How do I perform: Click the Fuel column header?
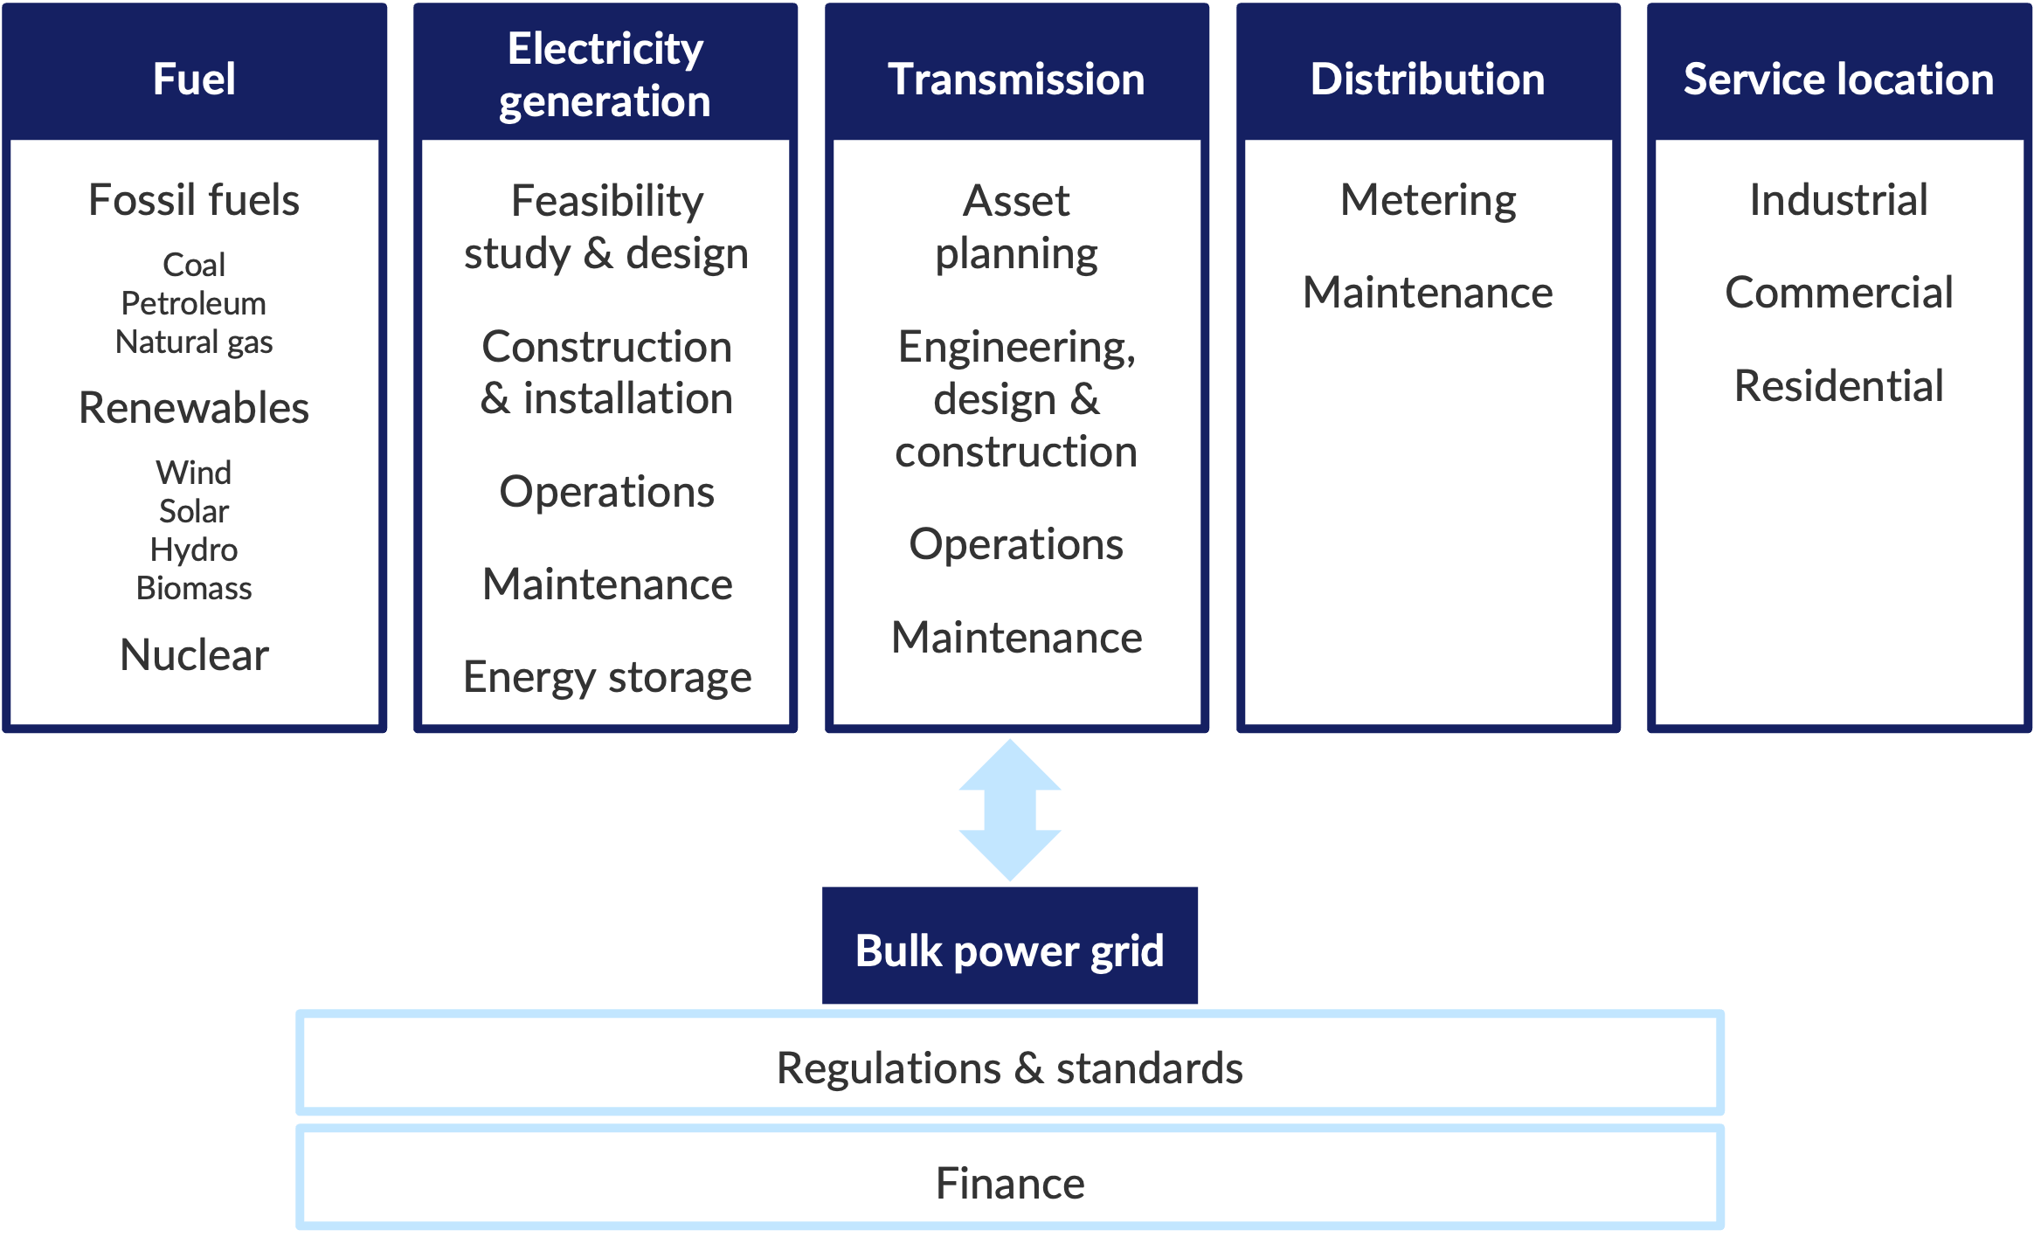coord(194,79)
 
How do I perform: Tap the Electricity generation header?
coord(605,75)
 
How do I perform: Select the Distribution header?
coord(1428,79)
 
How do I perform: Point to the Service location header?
coord(1838,79)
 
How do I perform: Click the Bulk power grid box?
coord(1009,950)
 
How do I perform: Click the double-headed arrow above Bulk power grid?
coord(1010,810)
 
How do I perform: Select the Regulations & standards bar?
coord(1009,1067)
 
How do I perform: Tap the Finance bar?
coord(1009,1183)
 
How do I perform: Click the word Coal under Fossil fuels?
coord(194,265)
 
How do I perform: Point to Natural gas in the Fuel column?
coord(194,342)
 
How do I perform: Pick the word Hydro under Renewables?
coord(194,549)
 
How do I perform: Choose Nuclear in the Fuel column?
coord(194,654)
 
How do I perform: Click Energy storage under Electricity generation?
coord(607,677)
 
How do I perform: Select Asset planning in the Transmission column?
coord(1016,226)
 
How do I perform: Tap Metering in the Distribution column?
coord(1428,200)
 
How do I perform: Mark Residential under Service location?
coord(1838,385)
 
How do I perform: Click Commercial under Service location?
coord(1838,292)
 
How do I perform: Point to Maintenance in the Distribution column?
coord(1428,292)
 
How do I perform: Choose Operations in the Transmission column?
coord(1016,544)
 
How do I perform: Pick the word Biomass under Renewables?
coord(194,588)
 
